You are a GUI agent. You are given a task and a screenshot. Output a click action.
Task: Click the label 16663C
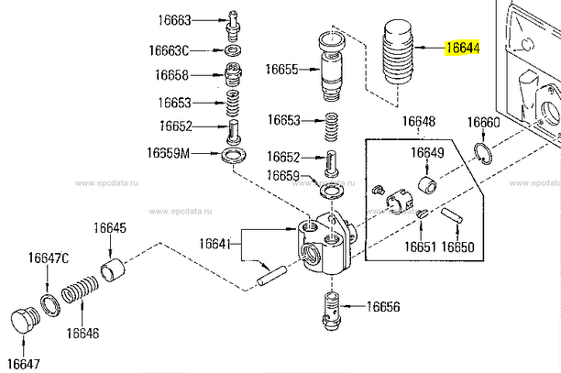172,50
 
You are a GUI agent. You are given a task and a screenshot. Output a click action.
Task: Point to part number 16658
171,75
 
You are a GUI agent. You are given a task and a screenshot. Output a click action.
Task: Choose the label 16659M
169,152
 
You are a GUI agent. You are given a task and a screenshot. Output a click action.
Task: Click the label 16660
484,122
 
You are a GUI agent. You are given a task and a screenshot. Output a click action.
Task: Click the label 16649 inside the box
426,152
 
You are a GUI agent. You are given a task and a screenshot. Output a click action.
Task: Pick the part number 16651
420,247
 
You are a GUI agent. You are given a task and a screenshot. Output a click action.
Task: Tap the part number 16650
457,247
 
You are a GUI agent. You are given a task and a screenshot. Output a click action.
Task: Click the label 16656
384,306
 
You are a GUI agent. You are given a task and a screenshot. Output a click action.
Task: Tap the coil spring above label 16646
81,298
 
